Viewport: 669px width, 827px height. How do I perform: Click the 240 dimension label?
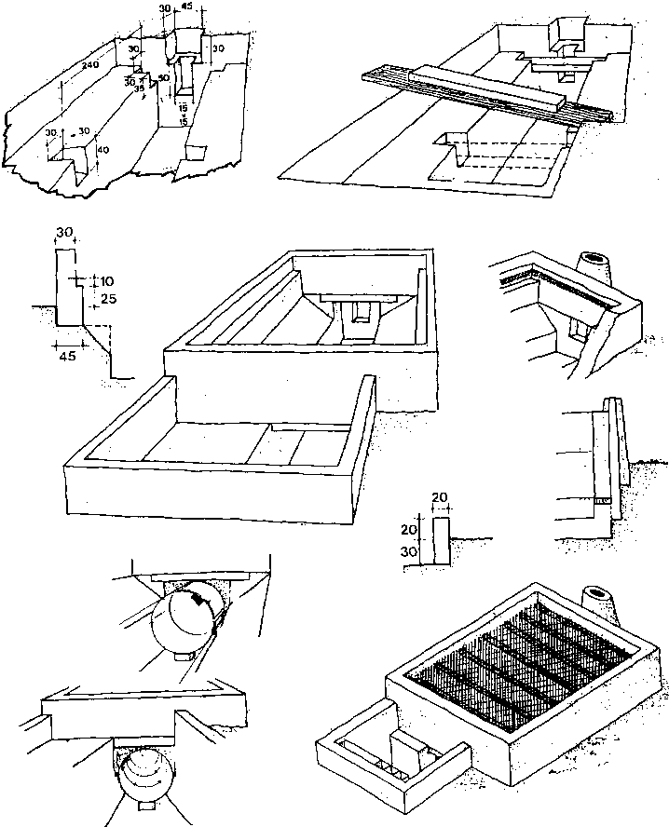90,66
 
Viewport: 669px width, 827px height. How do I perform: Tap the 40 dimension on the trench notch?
102,149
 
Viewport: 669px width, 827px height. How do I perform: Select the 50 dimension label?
163,79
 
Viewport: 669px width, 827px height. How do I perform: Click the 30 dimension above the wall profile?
64,230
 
